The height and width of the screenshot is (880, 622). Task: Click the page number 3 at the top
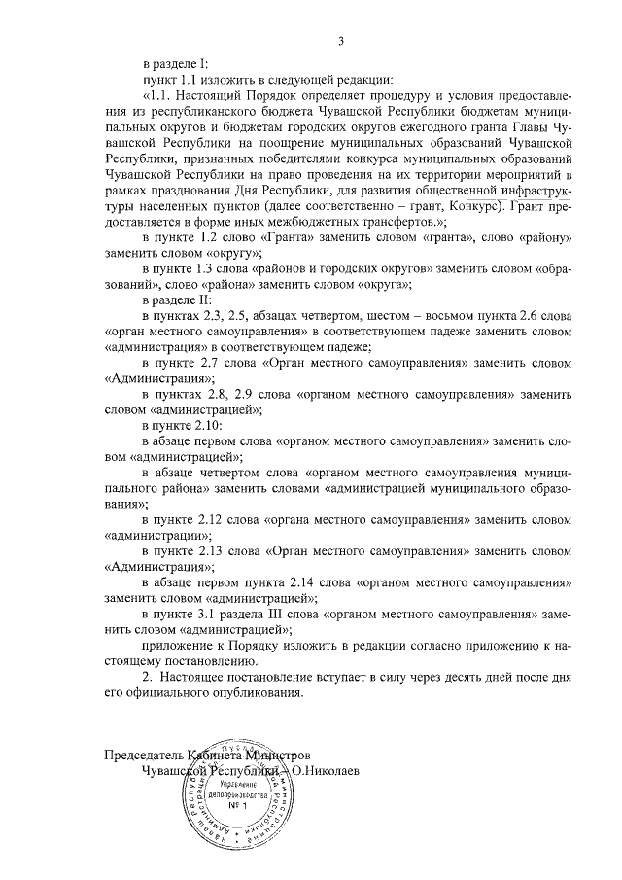pyautogui.click(x=341, y=40)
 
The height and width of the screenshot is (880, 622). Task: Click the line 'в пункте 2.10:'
pyautogui.click(x=184, y=426)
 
